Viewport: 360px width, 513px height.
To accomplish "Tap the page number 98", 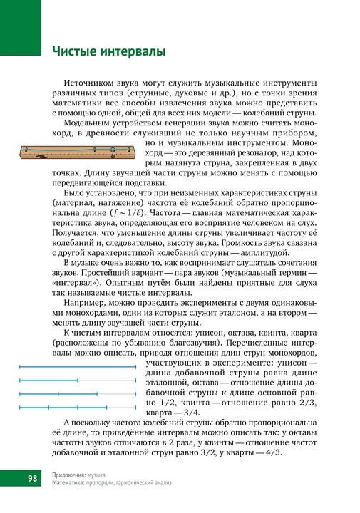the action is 33,477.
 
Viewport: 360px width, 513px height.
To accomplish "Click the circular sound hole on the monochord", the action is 113,147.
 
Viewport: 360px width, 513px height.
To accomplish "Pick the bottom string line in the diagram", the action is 77,408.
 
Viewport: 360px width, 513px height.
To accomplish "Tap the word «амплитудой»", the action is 262,252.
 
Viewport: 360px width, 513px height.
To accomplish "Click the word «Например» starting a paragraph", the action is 84,302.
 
